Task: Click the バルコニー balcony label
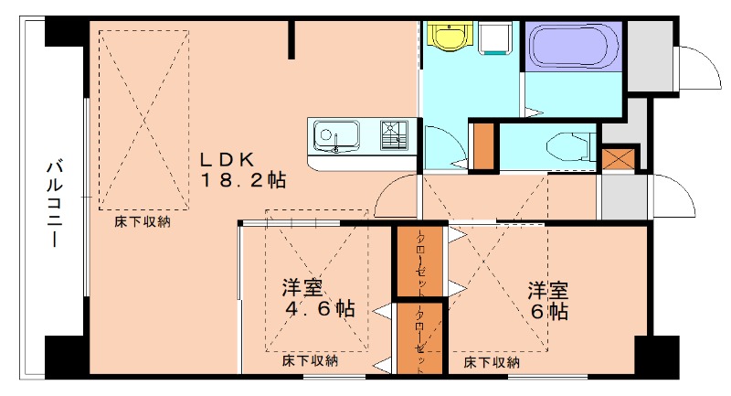(54, 206)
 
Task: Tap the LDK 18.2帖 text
(243, 169)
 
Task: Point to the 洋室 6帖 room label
(547, 301)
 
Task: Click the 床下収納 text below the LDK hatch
(141, 221)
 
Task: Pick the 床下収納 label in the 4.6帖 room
(310, 361)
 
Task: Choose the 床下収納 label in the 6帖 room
(491, 363)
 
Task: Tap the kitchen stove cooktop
(395, 135)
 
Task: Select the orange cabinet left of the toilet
(483, 144)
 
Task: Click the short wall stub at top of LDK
(292, 37)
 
